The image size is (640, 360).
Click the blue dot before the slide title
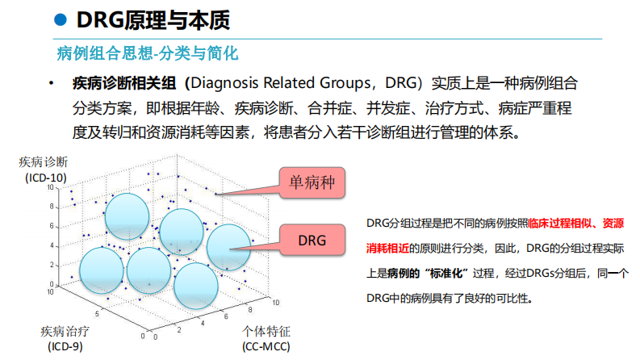pyautogui.click(x=60, y=19)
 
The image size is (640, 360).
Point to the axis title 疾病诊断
pyautogui.click(x=44, y=163)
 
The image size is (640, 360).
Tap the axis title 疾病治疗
pyautogui.click(x=65, y=332)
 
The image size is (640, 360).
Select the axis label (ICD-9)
pyautogui.click(x=65, y=346)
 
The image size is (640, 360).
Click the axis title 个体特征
pyautogui.click(x=266, y=332)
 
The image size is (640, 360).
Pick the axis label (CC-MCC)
pyautogui.click(x=266, y=346)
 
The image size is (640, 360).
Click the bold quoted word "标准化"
pyautogui.click(x=446, y=273)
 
